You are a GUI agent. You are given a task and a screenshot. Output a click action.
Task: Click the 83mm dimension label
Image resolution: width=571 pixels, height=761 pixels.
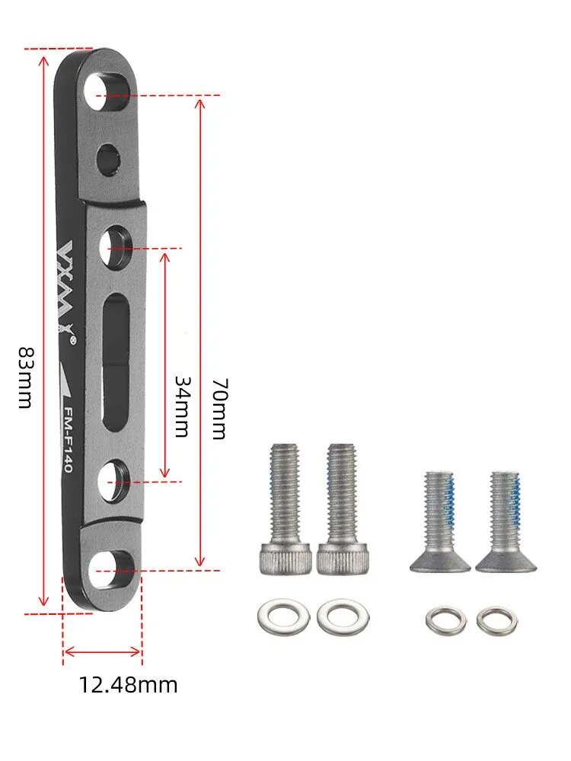tap(25, 377)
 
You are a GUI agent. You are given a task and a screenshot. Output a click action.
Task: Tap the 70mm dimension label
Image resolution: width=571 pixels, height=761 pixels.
tap(219, 409)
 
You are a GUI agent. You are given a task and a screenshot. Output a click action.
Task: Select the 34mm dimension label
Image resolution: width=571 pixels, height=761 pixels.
tap(182, 406)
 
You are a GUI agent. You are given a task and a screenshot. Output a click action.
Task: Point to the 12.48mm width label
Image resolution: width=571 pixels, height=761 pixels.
tap(128, 685)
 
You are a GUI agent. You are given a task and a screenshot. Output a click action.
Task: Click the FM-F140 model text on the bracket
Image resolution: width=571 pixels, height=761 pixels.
tap(69, 440)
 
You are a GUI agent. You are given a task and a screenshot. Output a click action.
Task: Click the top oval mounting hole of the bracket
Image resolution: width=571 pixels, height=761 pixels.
tap(108, 91)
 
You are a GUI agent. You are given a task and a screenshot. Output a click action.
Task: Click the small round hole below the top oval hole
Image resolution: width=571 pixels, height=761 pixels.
tap(108, 159)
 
